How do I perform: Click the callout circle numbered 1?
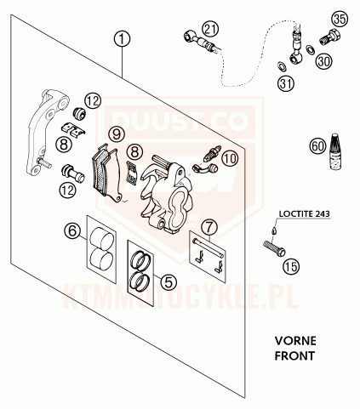(123, 39)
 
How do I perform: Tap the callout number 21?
(210, 30)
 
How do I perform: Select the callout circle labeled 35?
(340, 20)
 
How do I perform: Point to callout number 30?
(324, 61)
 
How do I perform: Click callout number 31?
(286, 83)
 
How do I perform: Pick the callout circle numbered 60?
(318, 146)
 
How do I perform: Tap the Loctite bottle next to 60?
(337, 152)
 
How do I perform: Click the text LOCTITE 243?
(305, 213)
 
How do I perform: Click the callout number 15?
(292, 266)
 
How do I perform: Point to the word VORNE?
(295, 341)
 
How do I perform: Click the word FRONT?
(294, 355)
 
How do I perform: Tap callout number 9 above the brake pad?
(117, 134)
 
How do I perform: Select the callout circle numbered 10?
(230, 158)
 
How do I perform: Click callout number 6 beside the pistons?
(72, 230)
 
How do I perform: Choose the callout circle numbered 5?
(169, 281)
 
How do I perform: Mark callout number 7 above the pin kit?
(209, 227)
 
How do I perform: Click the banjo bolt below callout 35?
(330, 37)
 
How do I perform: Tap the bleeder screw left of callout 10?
(212, 154)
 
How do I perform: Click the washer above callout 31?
(282, 66)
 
